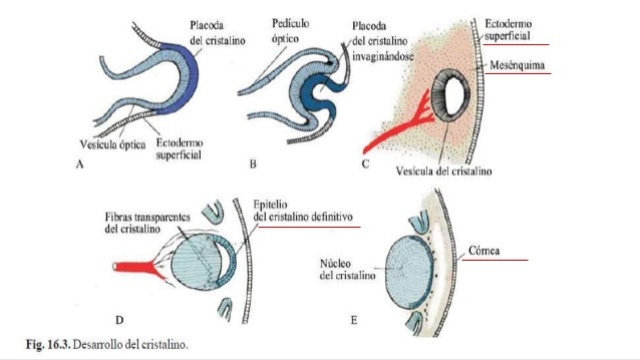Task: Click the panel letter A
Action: [79, 166]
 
